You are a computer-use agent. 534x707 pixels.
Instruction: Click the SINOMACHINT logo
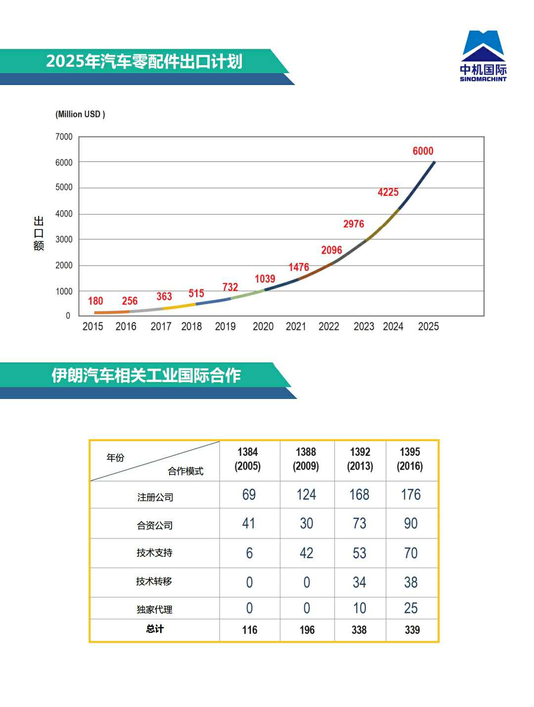(483, 55)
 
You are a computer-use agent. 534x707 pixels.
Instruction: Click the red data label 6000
(423, 151)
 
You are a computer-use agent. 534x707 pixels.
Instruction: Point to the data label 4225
(388, 192)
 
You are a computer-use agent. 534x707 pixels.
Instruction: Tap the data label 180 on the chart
(95, 301)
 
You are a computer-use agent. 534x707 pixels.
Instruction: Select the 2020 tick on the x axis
(263, 326)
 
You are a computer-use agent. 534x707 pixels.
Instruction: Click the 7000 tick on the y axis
(64, 137)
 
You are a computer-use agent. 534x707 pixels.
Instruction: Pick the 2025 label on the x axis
(428, 326)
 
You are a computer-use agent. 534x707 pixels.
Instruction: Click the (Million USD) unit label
(80, 114)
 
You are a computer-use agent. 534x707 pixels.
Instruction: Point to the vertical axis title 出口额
(39, 233)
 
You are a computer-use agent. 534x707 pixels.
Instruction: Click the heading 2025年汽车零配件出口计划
(144, 61)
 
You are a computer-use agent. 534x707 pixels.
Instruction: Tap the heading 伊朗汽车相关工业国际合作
(146, 375)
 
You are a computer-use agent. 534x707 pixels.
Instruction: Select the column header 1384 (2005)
(248, 459)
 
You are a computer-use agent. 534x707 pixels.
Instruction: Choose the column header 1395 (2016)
(410, 459)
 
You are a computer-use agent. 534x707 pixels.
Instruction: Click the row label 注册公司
(155, 497)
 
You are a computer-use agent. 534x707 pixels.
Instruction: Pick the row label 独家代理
(155, 610)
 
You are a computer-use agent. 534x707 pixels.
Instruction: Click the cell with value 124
(306, 495)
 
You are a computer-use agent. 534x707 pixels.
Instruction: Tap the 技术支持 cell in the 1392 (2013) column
(359, 553)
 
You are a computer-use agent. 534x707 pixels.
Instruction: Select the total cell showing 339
(412, 630)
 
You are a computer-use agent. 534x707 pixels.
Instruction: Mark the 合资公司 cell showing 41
(249, 524)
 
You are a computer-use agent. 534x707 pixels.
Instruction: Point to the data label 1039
(265, 279)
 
